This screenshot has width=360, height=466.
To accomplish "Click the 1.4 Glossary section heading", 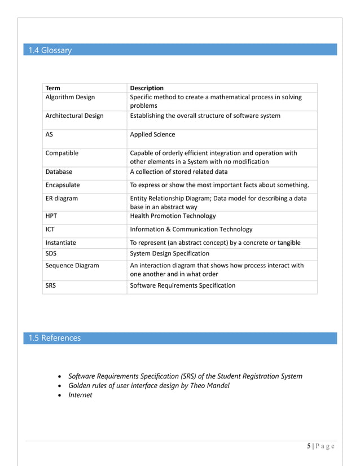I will [50, 50].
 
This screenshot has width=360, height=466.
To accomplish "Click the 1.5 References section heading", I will [55, 338].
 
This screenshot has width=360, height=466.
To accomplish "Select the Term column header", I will [52, 88].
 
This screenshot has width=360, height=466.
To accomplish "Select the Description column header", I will [147, 88].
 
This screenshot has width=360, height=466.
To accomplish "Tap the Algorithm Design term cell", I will [70, 97].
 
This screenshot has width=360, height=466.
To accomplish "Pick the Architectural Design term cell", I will [74, 116].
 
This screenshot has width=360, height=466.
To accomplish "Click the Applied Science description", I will [152, 134].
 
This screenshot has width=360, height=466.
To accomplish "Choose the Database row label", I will [59, 172].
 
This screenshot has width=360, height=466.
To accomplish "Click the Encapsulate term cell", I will [63, 184].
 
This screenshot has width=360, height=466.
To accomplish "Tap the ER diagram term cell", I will [62, 198].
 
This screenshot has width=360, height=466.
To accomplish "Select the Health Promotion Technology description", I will [173, 216].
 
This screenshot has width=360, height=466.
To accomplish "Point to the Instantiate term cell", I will [60, 243].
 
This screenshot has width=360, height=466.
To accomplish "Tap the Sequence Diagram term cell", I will [72, 265].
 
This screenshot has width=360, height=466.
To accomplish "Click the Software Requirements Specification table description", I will [182, 285].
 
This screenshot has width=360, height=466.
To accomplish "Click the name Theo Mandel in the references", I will [210, 385].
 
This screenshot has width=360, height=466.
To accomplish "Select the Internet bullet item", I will [80, 395].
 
